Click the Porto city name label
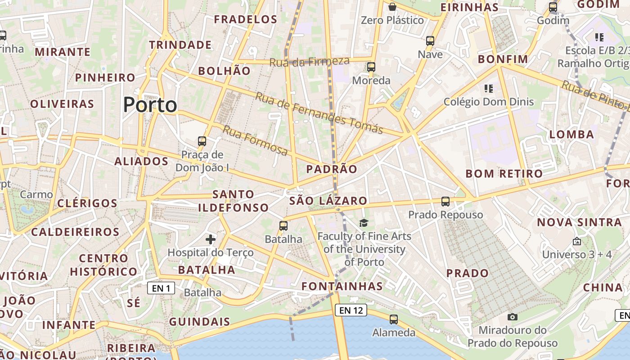[150, 105]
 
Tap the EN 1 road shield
[161, 288]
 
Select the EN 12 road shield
[351, 310]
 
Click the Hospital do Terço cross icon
[211, 239]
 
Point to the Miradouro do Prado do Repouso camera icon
[513, 317]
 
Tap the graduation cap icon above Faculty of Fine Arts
[364, 222]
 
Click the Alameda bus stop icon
[394, 319]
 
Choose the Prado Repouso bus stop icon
[445, 202]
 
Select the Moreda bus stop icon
[371, 67]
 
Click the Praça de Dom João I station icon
[202, 141]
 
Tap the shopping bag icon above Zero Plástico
[392, 7]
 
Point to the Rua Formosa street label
[255, 141]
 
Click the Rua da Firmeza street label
[309, 62]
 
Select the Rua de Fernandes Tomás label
[319, 113]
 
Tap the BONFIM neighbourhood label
[503, 59]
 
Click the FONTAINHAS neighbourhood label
[342, 286]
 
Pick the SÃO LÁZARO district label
[328, 201]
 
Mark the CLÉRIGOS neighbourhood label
[87, 203]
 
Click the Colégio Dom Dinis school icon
[488, 89]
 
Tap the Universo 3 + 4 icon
[577, 242]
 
